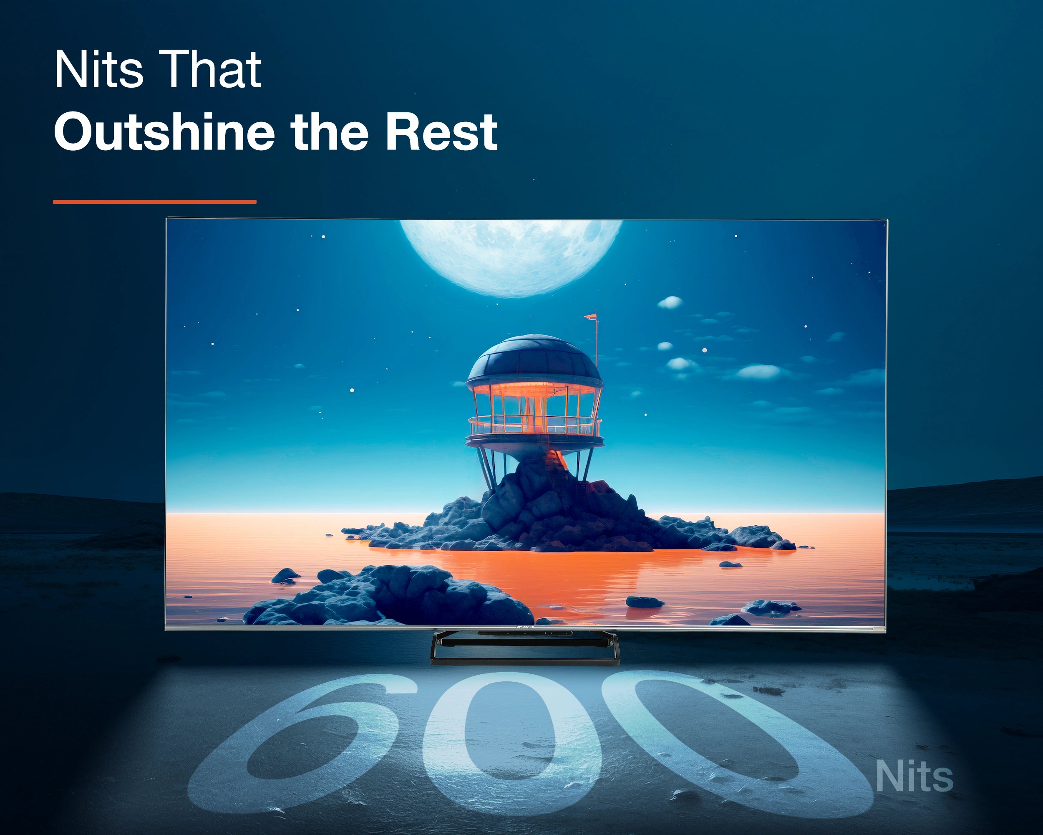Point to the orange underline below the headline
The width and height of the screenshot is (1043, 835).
(x=155, y=202)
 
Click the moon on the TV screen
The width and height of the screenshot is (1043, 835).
(x=511, y=256)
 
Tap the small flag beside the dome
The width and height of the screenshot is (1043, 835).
(x=591, y=317)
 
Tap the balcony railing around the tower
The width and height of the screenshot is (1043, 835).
(x=534, y=426)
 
